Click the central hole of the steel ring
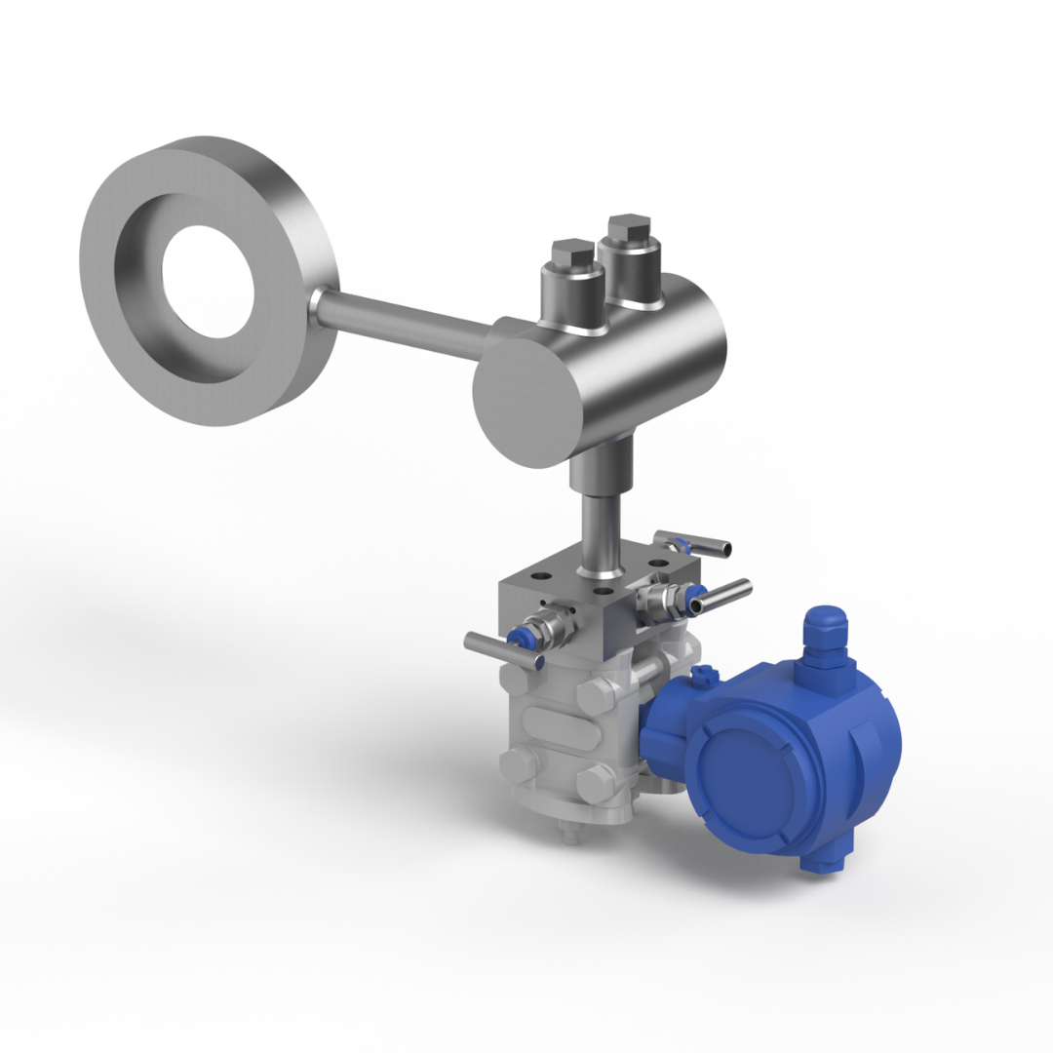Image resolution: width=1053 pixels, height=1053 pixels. pyautogui.click(x=208, y=282)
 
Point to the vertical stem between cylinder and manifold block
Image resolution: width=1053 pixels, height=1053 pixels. pyautogui.click(x=601, y=531)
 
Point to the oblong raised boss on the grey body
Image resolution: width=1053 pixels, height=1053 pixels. pyautogui.click(x=552, y=727)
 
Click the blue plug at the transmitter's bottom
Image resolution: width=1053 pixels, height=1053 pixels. pyautogui.click(x=819, y=862)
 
